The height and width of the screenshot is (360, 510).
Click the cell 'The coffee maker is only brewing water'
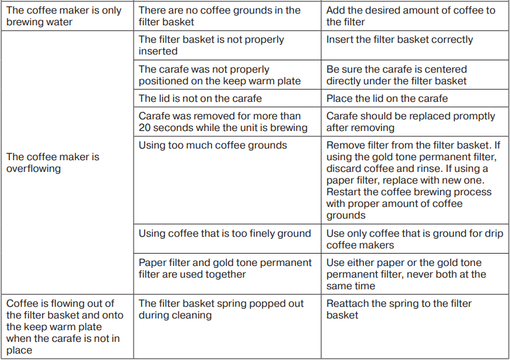[67, 16]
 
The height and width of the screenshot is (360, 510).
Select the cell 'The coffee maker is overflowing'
[67, 162]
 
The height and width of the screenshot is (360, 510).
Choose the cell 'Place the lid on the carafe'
[415, 99]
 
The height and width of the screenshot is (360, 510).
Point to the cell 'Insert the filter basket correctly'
[415, 45]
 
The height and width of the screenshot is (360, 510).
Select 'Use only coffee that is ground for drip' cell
[415, 239]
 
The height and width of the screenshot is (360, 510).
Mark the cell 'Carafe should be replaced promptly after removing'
[415, 122]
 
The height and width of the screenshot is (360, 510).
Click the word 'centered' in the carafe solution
[445, 69]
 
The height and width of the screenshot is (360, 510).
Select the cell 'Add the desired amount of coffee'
[415, 16]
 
